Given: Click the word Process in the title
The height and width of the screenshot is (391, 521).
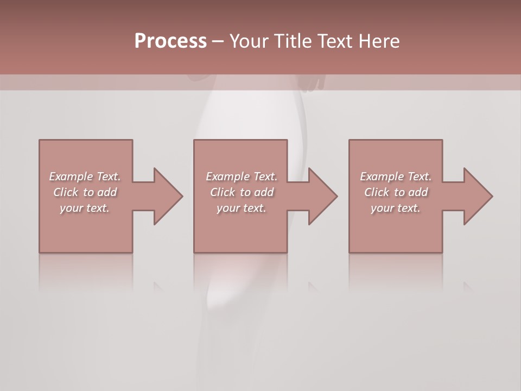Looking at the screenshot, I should [170, 41].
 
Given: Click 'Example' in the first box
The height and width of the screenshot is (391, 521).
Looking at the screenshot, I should [71, 176].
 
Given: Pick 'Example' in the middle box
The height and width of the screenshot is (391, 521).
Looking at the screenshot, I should [227, 176].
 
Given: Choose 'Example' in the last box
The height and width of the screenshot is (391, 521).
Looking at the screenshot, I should [382, 176].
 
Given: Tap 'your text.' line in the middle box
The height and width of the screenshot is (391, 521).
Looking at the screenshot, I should [241, 208].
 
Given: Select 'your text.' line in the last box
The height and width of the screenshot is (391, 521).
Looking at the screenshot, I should [395, 208].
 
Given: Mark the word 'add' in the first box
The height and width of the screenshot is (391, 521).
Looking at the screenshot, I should [107, 192].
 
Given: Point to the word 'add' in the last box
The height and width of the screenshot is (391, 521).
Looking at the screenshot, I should [418, 192].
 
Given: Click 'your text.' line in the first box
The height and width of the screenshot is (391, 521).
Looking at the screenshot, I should [84, 208].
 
